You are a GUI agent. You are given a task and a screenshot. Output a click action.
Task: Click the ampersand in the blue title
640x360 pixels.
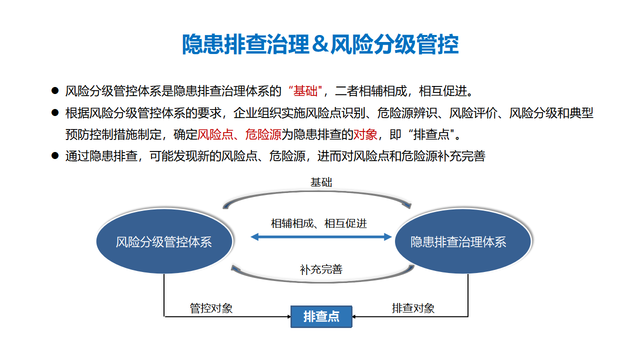coord(320,44)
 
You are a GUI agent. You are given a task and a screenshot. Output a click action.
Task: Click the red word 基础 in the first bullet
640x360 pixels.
coord(305,91)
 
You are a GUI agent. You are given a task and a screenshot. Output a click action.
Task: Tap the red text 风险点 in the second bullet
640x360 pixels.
coord(215,134)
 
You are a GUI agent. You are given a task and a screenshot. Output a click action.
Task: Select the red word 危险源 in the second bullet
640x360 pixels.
coord(263,134)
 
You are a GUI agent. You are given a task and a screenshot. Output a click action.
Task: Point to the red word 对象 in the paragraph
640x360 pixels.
coord(365,134)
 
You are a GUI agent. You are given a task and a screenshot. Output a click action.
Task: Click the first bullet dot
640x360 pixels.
coord(55,91)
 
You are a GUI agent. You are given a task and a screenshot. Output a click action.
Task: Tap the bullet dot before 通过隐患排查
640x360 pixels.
coord(55,155)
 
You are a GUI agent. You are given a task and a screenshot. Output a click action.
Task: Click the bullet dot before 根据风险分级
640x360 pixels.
coord(55,112)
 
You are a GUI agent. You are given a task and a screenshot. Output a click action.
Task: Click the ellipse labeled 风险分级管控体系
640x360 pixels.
coord(164,241)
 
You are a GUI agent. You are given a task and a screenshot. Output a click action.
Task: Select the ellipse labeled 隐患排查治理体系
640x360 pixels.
coord(463,241)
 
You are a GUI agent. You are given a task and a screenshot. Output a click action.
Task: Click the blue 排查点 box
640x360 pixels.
coord(321,316)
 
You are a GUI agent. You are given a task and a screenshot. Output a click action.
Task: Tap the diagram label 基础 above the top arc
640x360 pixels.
coord(321,182)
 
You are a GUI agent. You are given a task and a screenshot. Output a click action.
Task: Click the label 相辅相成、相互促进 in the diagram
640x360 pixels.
coord(319,223)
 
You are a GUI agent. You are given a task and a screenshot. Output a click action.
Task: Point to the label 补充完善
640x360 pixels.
coord(321,269)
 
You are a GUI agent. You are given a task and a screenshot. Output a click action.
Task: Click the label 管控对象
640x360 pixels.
coord(211,308)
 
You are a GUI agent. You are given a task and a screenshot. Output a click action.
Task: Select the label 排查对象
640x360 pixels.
coord(413,308)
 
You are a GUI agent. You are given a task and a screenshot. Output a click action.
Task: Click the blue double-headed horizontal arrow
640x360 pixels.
coord(321,237)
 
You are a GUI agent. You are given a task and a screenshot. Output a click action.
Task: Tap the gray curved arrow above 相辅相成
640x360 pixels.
coord(317,191)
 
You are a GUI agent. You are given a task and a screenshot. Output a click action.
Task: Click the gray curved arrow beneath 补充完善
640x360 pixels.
coord(323,281)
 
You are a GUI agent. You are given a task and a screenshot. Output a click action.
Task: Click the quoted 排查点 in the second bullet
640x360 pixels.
coord(431,134)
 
